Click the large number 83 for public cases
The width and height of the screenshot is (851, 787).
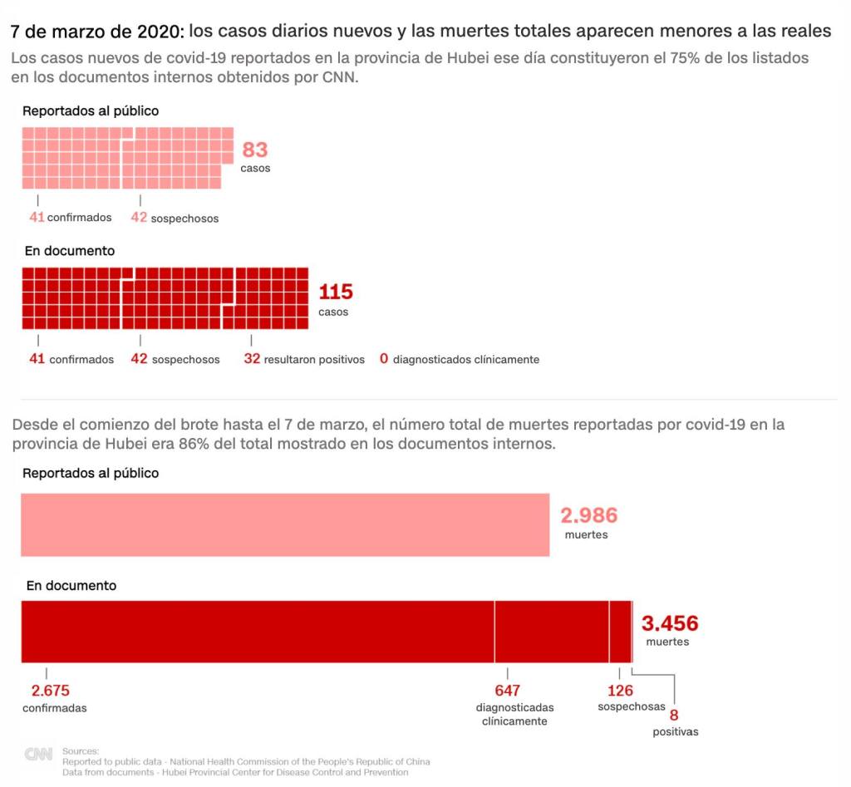coord(254,150)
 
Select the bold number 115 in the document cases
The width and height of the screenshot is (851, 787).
coord(336,292)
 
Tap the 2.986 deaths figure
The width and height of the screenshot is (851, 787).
coord(588,515)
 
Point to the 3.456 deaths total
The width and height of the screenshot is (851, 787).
coord(669,622)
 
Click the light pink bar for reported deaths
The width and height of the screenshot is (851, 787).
coord(284,524)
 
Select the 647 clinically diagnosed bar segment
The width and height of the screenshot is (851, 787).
coord(552,632)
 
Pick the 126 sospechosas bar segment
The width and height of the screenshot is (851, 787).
coord(620,632)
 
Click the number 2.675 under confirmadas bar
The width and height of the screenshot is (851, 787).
coord(50,691)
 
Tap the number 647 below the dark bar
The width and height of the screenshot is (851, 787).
coord(507,691)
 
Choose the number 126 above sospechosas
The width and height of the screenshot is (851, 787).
coord(620,691)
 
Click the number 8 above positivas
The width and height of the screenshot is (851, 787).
coord(674,715)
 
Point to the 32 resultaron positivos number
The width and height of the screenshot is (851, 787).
coord(252,359)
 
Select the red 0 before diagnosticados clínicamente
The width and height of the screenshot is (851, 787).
coord(384,359)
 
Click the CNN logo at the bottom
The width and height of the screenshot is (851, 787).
coord(38,755)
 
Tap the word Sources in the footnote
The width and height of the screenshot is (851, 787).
coord(80,750)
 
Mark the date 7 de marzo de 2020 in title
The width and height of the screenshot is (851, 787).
coord(96,32)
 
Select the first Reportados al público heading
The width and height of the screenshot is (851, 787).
coord(91,111)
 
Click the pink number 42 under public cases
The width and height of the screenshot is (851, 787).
coord(139,218)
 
